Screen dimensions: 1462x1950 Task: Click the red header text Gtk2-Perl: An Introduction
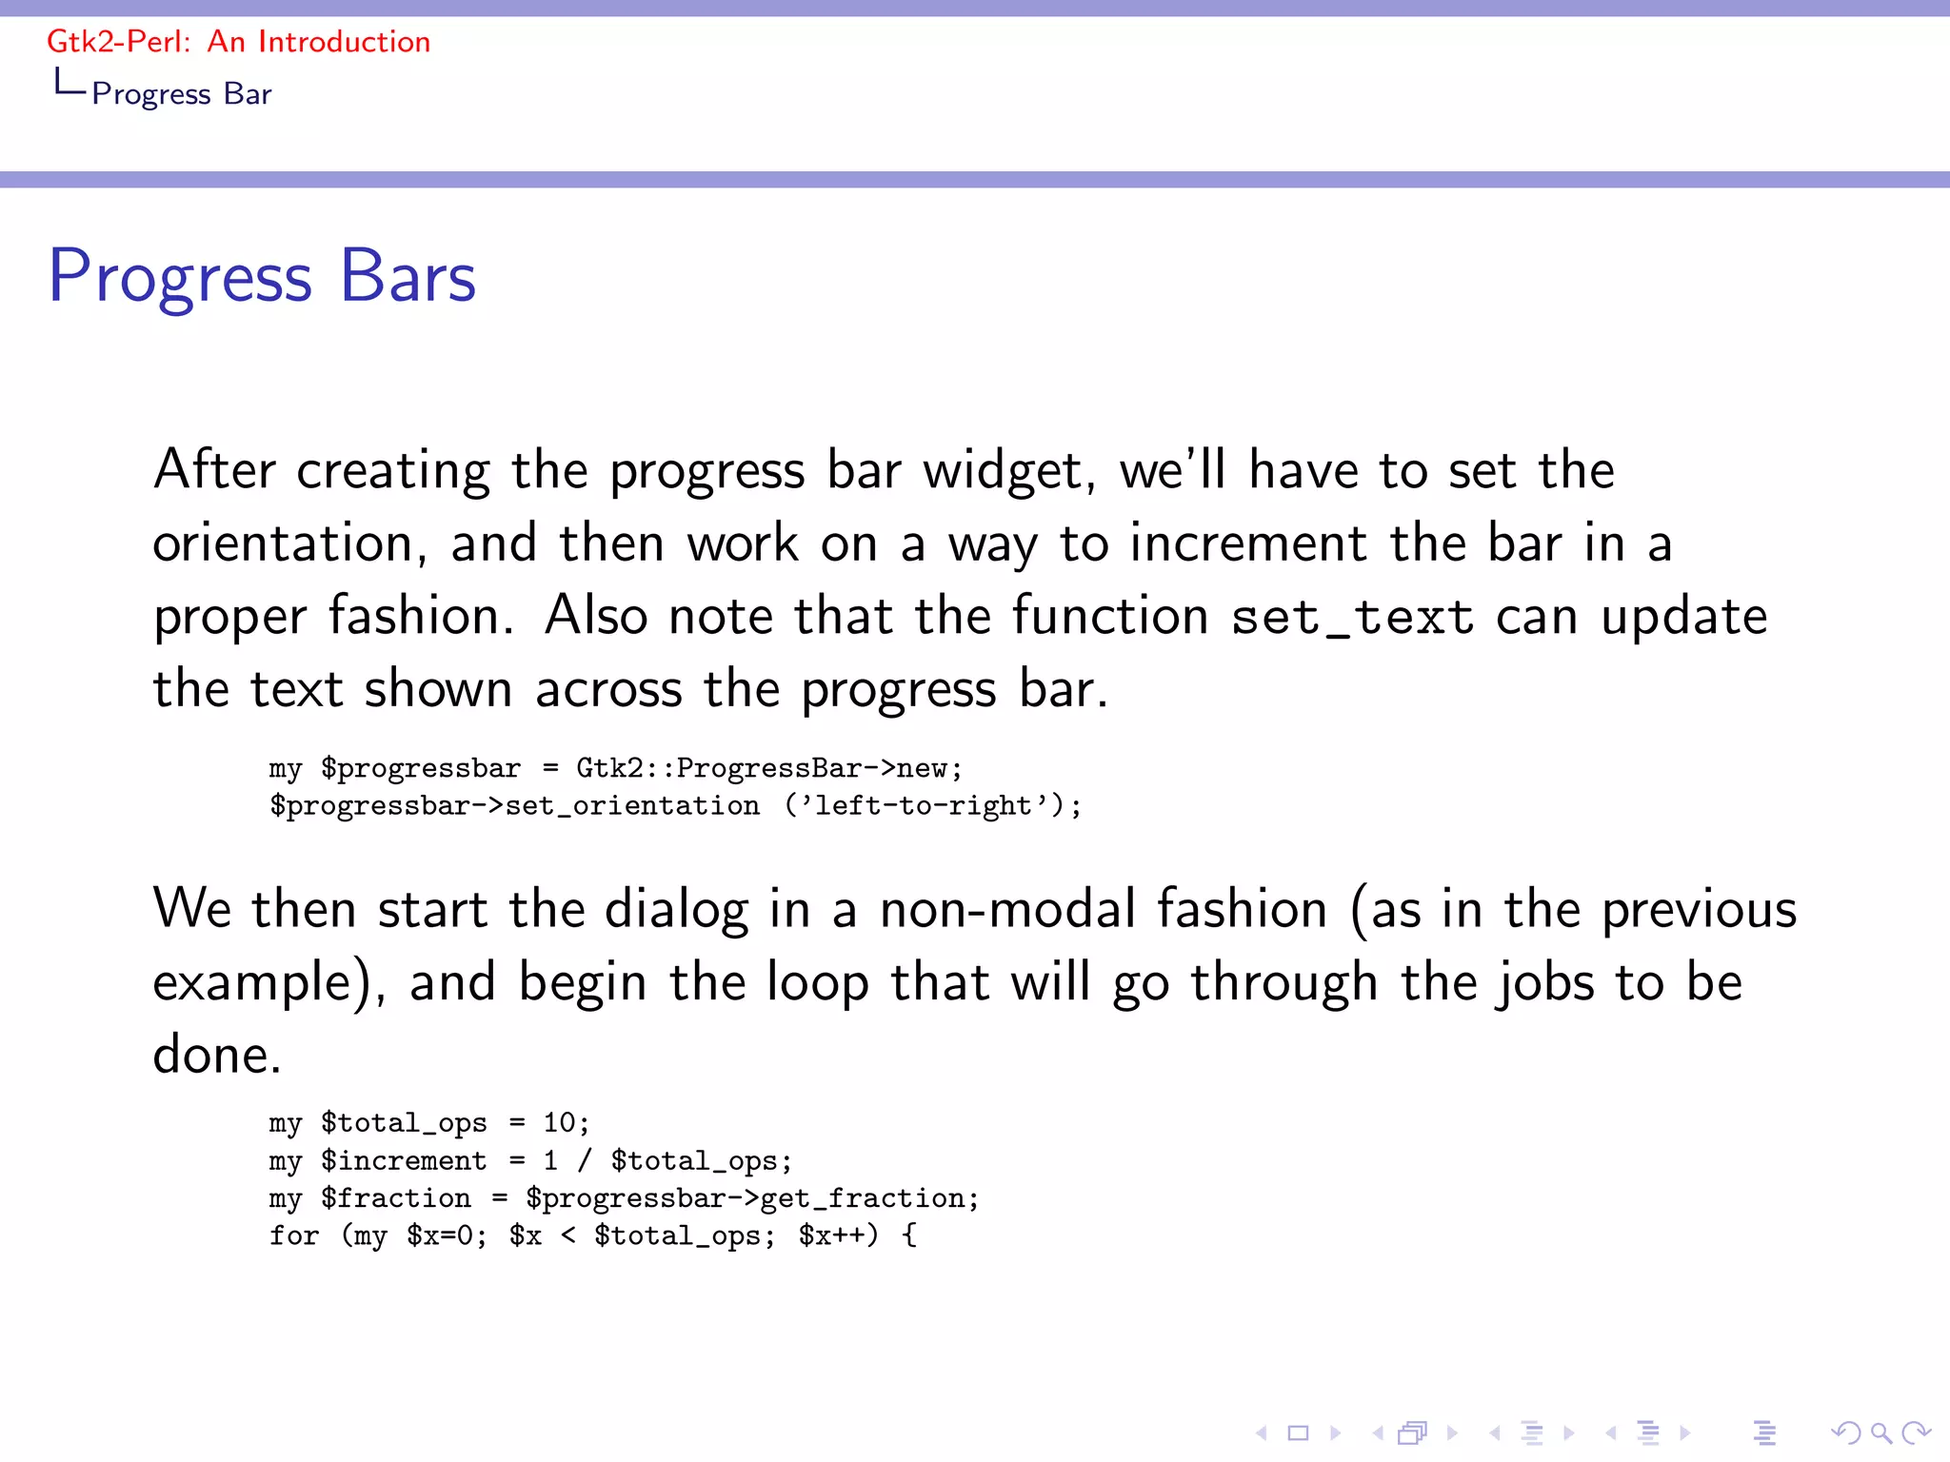coord(238,42)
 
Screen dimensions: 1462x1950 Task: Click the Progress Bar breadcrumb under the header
coord(181,94)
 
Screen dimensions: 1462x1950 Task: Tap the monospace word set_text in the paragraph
coord(1352,617)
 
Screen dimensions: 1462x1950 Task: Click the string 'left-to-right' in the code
coord(924,806)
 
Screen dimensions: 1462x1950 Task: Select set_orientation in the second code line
coord(632,806)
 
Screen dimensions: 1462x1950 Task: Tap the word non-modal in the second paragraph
coord(1007,909)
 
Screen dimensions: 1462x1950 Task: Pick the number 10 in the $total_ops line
coord(560,1123)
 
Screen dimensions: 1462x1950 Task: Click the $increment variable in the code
coord(404,1161)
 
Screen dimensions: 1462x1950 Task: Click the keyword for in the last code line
coord(293,1235)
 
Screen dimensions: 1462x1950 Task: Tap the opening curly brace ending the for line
coord(909,1235)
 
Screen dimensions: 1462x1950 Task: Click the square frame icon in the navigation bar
coord(1298,1432)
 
